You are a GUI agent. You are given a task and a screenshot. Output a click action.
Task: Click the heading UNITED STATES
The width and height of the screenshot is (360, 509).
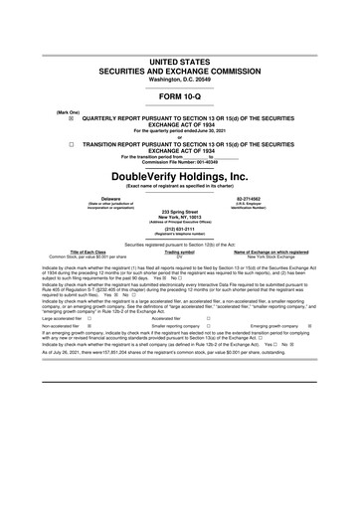coord(179,62)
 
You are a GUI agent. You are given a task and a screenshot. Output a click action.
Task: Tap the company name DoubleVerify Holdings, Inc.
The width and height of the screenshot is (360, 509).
coord(179,177)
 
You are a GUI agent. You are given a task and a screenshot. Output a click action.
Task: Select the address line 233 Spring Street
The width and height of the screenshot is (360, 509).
coord(179,212)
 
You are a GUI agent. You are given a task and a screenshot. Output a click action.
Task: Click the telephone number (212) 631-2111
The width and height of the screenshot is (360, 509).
coord(179,229)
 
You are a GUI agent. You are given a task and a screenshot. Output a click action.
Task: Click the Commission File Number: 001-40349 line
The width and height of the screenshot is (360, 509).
coord(179,161)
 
